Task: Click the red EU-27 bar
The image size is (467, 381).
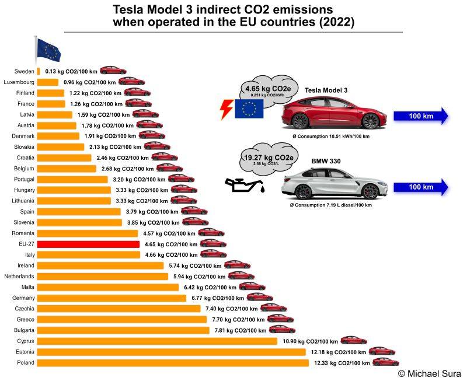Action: tap(88, 244)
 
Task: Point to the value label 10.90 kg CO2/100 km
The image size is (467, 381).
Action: tap(310, 341)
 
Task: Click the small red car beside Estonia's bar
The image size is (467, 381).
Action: tap(382, 351)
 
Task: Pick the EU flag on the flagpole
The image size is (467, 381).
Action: tap(48, 51)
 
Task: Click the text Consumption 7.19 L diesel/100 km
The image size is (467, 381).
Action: tap(330, 205)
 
